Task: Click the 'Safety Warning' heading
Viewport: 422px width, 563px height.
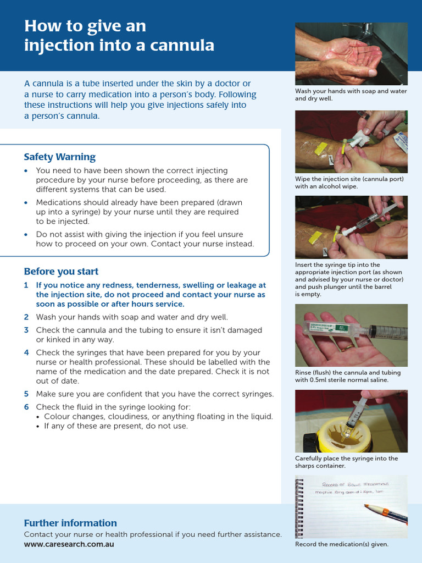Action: tap(59, 157)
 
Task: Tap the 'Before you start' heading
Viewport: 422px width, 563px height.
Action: tap(61, 272)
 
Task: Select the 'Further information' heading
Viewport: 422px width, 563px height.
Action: tap(70, 523)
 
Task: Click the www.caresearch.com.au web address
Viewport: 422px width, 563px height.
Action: tap(69, 544)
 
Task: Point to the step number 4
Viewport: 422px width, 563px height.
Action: tap(26, 352)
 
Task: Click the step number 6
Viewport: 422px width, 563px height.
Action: tap(26, 407)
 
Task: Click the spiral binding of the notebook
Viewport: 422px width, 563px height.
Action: tap(299, 506)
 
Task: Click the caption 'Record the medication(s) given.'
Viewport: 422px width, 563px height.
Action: tap(342, 544)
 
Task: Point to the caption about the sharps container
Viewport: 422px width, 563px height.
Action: tap(346, 462)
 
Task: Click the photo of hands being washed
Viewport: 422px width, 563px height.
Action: tap(351, 54)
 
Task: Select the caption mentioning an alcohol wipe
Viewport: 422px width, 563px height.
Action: tap(349, 183)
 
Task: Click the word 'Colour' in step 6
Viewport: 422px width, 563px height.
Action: tap(55, 417)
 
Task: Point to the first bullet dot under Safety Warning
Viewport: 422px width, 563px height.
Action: tap(26, 171)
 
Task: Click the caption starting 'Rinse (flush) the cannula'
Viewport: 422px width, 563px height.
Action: tap(348, 376)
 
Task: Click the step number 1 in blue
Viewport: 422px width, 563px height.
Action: tap(26, 285)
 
